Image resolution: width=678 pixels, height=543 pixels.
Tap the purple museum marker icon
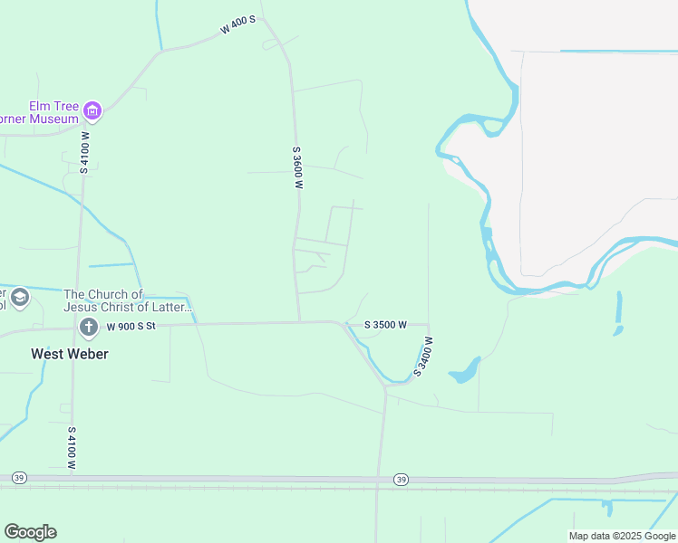coord(92,111)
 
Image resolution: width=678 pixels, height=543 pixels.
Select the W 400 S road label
coord(238,25)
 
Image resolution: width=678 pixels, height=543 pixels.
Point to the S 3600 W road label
coord(296,167)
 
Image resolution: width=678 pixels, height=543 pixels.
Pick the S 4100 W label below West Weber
coord(72,447)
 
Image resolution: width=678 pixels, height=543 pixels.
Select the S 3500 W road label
coord(385,324)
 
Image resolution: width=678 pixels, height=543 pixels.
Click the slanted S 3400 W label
coord(423,357)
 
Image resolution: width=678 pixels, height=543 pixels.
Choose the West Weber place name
coord(70,354)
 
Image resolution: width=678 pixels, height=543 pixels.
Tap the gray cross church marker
coord(89,326)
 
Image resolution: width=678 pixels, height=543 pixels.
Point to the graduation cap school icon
coord(16,297)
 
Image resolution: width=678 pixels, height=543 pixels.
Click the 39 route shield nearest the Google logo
coord(19,478)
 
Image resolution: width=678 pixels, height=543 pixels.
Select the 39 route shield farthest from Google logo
coord(401,479)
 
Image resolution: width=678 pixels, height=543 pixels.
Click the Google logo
coord(30,531)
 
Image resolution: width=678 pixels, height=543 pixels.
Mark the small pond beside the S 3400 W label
coord(464,370)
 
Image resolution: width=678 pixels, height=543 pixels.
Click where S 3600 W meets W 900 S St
coord(300,321)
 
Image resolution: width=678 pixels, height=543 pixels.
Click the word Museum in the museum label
coord(54,119)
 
